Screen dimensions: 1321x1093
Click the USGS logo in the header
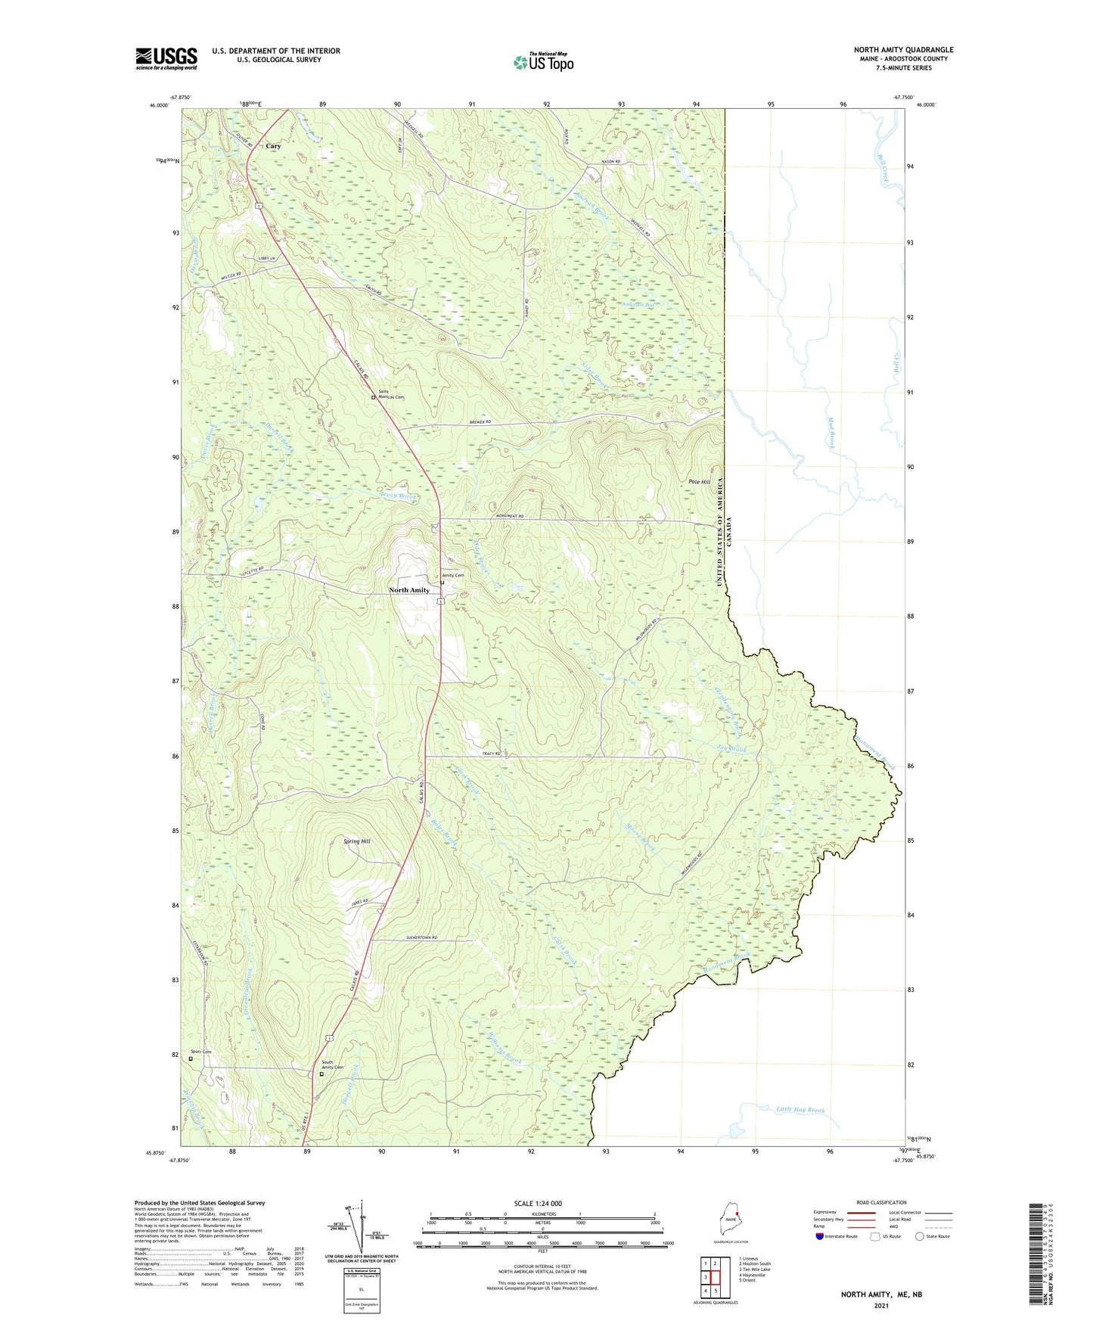166,58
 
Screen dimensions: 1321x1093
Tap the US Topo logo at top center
543,62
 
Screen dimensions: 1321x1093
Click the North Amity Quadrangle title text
903,50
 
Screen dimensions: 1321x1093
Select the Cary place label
272,146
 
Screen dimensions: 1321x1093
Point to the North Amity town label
409,589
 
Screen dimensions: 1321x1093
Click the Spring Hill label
356,841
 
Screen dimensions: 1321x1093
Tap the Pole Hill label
699,482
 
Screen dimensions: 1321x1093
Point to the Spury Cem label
200,1052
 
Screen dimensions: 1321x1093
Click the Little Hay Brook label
800,1110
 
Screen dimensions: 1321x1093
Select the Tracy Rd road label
492,754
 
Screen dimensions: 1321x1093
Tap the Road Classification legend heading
881,1202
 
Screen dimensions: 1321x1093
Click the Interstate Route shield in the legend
820,1236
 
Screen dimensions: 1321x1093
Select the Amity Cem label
453,575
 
